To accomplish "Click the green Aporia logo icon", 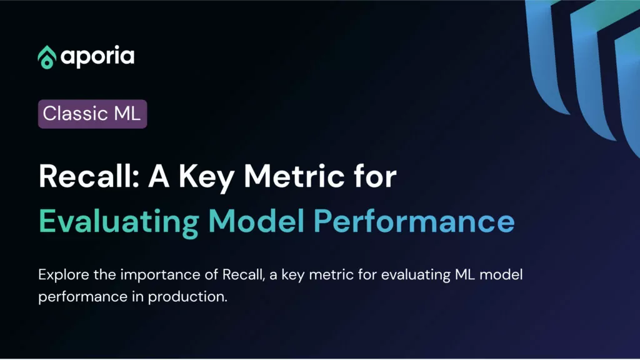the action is coord(47,57).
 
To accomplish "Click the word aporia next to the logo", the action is coord(97,57).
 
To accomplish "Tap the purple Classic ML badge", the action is coord(92,114).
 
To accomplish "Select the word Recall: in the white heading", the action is coord(89,176).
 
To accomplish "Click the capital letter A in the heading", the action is coord(159,176).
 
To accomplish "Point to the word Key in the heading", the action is coord(206,178).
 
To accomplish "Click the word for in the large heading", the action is coord(375,176).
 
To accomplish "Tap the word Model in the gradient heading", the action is coord(256,221).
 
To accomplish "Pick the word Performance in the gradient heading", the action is coord(414,221).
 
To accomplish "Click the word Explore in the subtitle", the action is coord(64,276).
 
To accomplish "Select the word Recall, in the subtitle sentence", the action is coord(244,275).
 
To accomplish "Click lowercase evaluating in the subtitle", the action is coord(416,276).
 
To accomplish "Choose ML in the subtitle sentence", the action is coord(465,275).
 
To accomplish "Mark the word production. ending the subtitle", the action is coord(187,297).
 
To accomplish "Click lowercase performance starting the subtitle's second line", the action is coord(83,297).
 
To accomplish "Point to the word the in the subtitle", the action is coord(104,275).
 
